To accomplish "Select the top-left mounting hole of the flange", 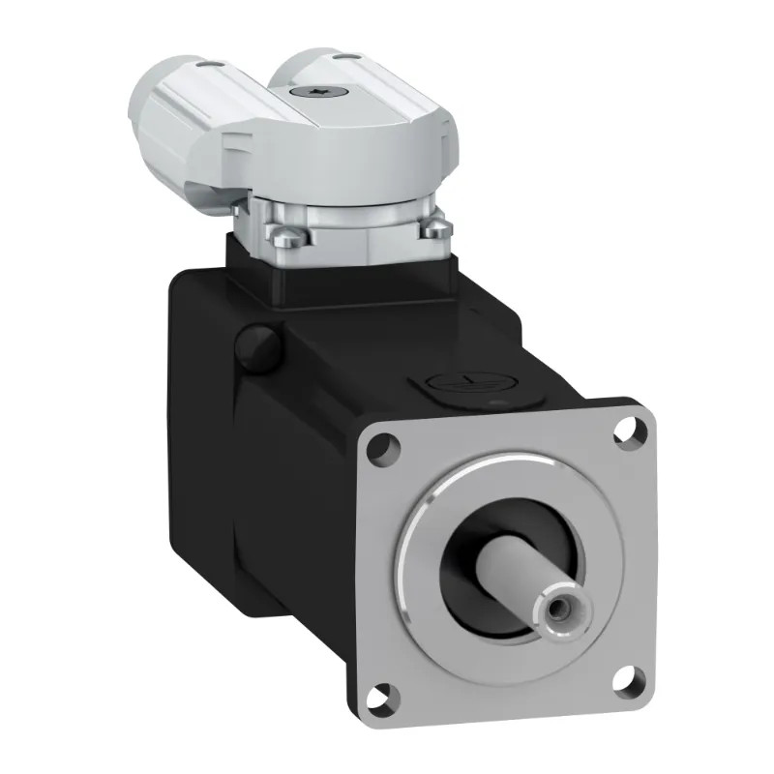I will tap(385, 446).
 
